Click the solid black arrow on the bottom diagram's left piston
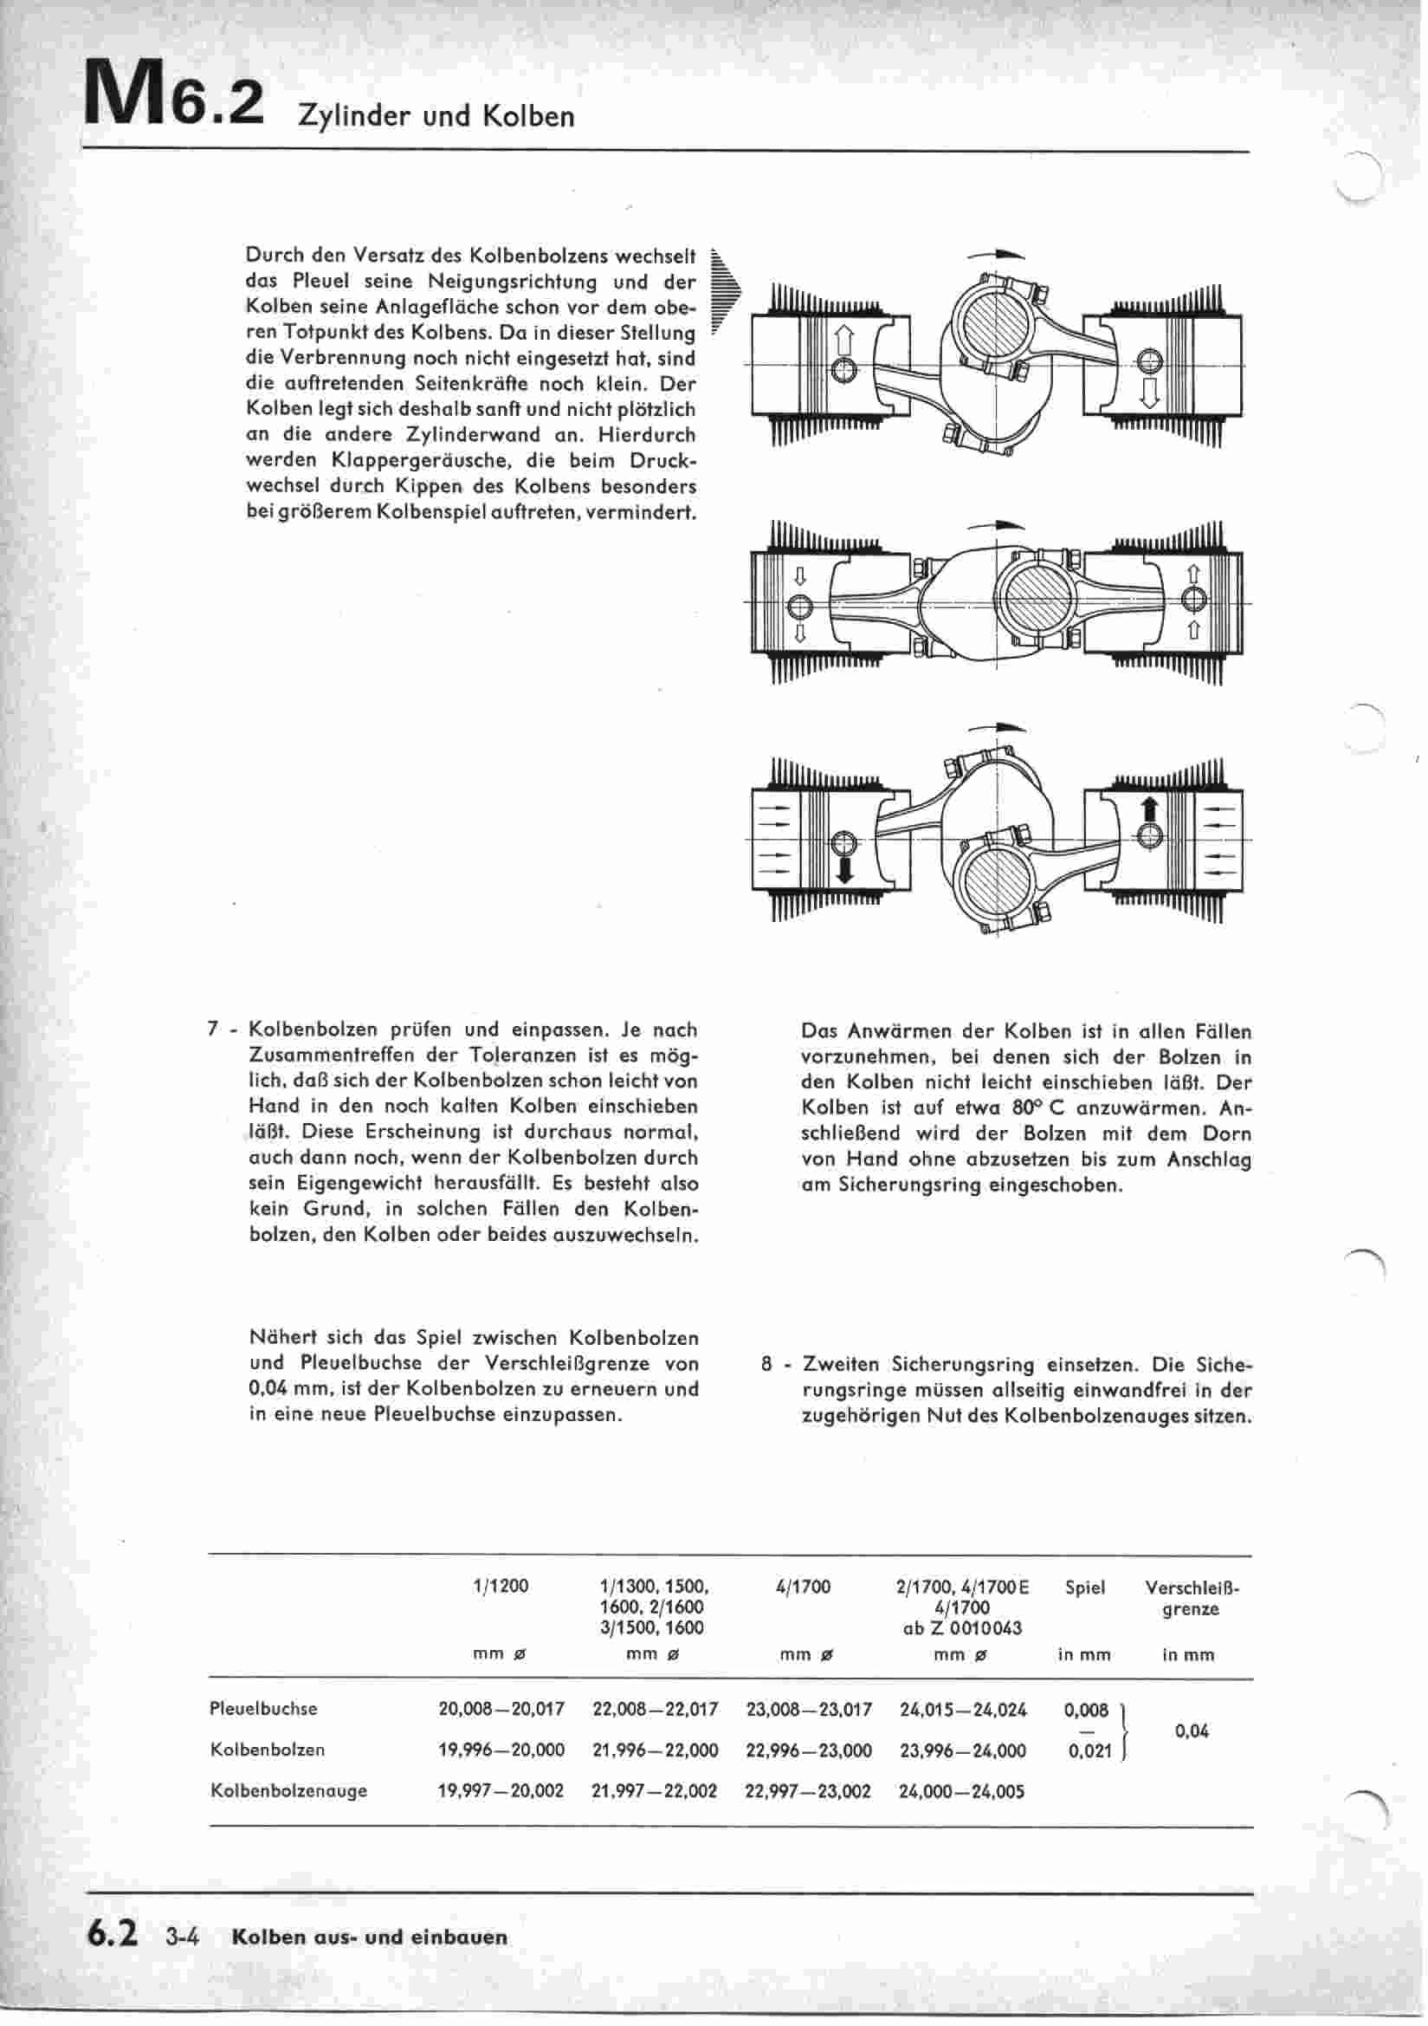(x=845, y=869)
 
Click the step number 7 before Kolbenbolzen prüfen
(x=212, y=1029)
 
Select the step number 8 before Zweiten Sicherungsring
(x=767, y=1365)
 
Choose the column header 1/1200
(x=501, y=1587)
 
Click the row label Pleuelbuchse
(x=263, y=1708)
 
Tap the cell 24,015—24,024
(x=963, y=1709)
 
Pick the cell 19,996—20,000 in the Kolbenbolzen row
(x=501, y=1750)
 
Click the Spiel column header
(x=1084, y=1588)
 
